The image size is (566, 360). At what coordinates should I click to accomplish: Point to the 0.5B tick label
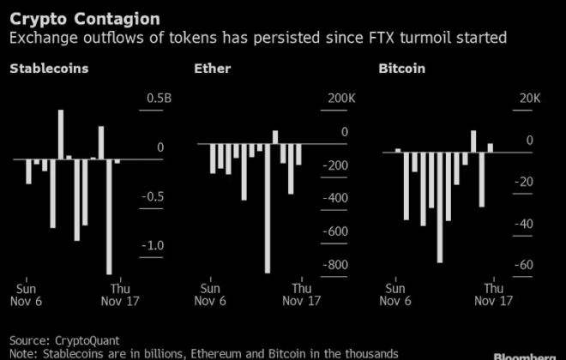[159, 99]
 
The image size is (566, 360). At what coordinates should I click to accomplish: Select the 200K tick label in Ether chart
[334, 99]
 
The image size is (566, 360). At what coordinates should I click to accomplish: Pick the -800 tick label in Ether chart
[332, 265]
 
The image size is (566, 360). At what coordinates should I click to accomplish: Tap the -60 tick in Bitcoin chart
[524, 265]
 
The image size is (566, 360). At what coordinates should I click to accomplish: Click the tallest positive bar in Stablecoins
[61, 134]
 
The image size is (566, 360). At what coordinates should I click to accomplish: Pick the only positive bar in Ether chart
[275, 136]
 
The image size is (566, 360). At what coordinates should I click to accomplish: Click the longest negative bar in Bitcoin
[440, 207]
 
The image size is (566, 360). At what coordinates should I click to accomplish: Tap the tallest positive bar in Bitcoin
[473, 141]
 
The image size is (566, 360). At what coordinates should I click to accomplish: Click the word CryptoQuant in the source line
[83, 340]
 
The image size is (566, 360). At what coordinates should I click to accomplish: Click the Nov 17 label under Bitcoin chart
[493, 301]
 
